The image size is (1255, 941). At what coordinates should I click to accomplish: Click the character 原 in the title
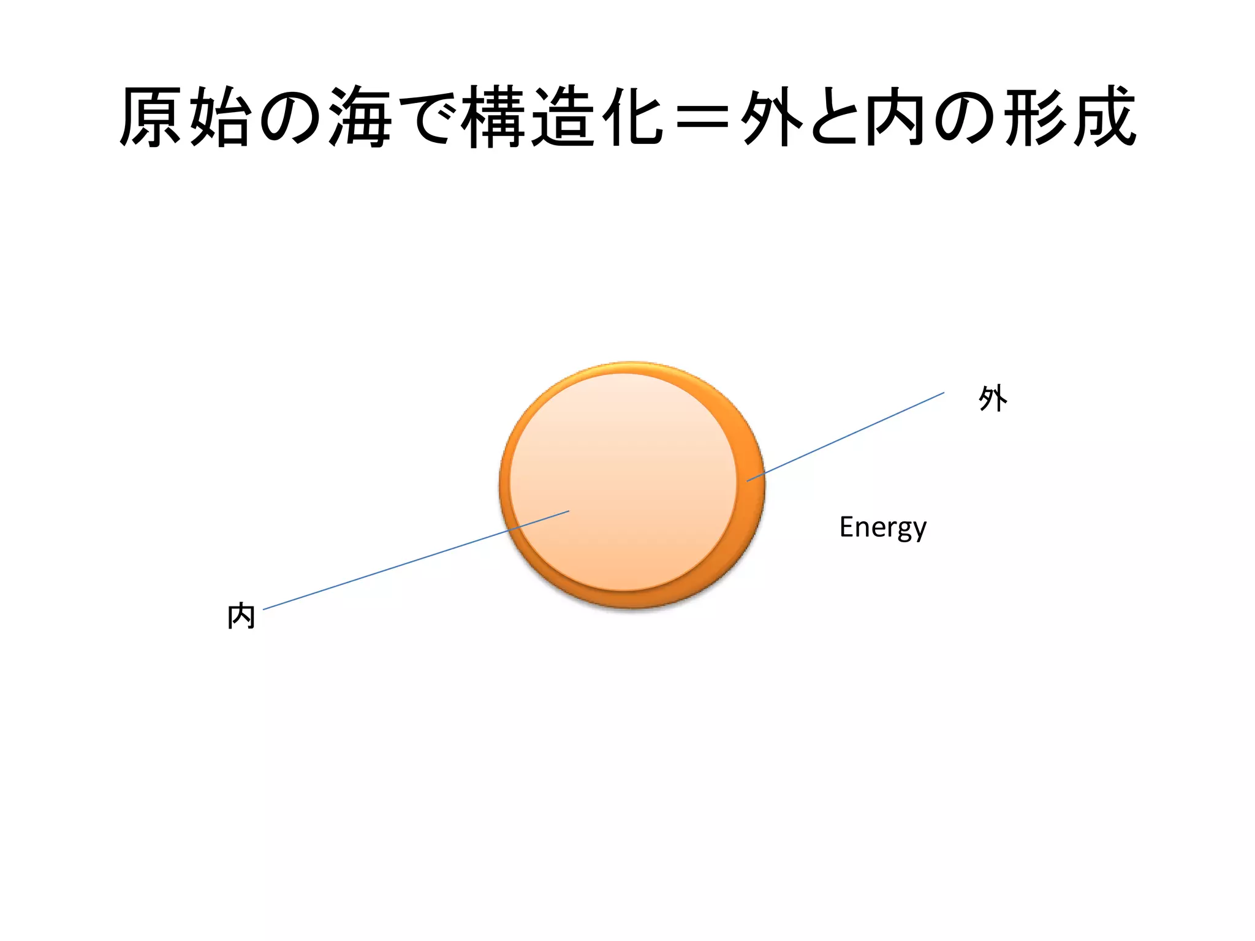click(151, 116)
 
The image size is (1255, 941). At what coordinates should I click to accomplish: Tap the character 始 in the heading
click(221, 116)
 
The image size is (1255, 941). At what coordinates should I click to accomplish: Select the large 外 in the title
click(772, 116)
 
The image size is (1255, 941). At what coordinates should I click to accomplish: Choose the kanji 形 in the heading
click(1036, 116)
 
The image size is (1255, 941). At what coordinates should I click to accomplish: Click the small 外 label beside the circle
click(993, 398)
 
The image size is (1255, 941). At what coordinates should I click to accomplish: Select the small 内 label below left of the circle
click(241, 616)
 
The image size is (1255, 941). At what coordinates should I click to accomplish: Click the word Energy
click(882, 527)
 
